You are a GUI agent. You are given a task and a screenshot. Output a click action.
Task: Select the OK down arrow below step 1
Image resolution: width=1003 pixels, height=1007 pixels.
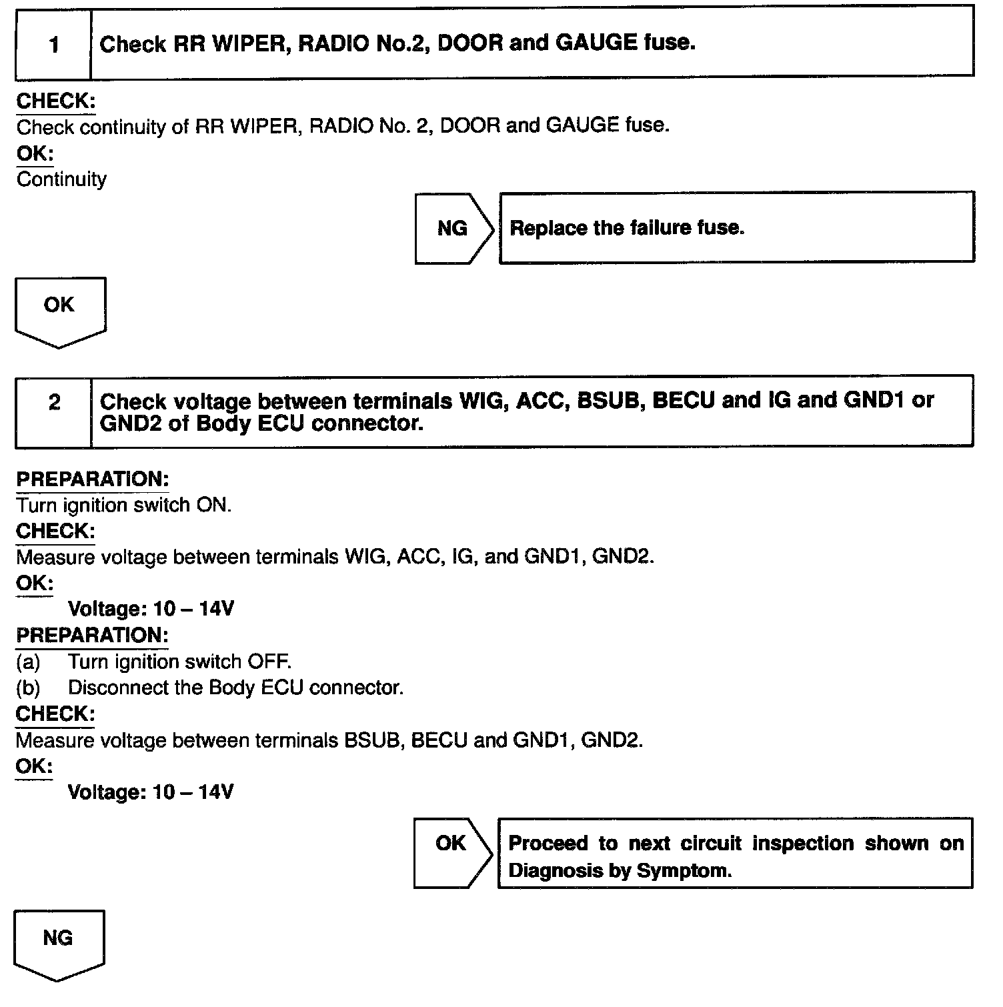59,310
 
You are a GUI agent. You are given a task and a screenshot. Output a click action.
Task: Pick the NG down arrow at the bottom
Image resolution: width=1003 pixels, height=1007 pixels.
58,943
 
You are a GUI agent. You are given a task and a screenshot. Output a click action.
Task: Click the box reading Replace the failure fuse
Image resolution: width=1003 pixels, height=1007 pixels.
736,228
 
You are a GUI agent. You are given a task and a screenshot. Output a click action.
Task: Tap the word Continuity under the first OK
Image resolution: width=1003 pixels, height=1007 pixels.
61,179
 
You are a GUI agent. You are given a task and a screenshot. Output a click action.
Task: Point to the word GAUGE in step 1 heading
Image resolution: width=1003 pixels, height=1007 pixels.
596,43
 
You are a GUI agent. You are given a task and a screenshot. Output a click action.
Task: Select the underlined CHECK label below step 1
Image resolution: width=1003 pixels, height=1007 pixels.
55,101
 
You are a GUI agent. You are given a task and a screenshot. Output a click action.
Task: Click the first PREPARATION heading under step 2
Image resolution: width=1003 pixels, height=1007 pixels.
92,479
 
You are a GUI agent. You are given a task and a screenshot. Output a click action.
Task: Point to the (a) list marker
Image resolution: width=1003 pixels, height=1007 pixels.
28,662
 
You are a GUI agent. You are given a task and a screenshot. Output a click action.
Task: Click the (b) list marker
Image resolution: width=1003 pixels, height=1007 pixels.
28,688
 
